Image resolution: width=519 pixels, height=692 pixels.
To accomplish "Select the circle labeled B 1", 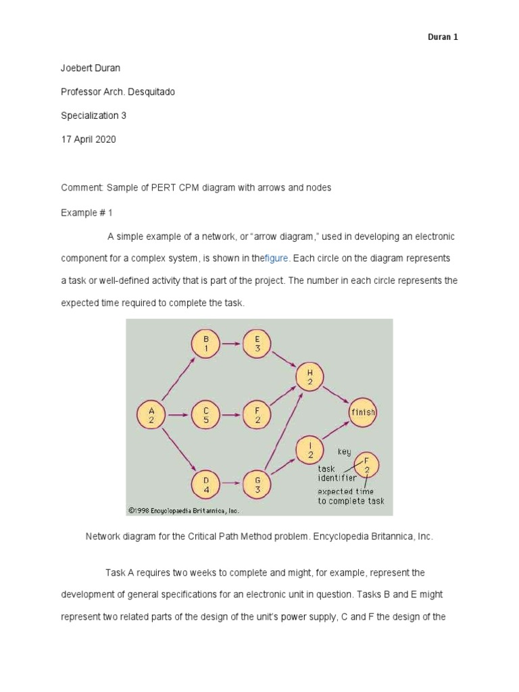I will tap(206, 343).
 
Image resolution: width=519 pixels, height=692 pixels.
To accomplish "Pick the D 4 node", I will tap(206, 484).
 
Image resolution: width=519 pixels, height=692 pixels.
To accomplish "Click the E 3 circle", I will tap(257, 343).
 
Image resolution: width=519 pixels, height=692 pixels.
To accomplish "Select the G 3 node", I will tap(257, 484).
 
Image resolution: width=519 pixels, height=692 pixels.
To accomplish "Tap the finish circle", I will tap(362, 412).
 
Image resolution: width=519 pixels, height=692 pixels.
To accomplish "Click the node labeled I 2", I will tap(310, 449).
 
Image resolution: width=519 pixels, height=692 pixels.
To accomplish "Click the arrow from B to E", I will tap(231, 343).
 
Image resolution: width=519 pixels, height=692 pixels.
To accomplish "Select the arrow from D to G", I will tap(231, 484).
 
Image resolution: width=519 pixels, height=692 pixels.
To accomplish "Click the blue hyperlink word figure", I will tap(276, 258).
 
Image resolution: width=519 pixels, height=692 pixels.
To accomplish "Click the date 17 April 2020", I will tap(89, 139).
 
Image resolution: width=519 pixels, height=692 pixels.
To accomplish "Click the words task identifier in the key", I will tap(337, 473).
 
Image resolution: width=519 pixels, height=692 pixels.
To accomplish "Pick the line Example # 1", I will tap(86, 212).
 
